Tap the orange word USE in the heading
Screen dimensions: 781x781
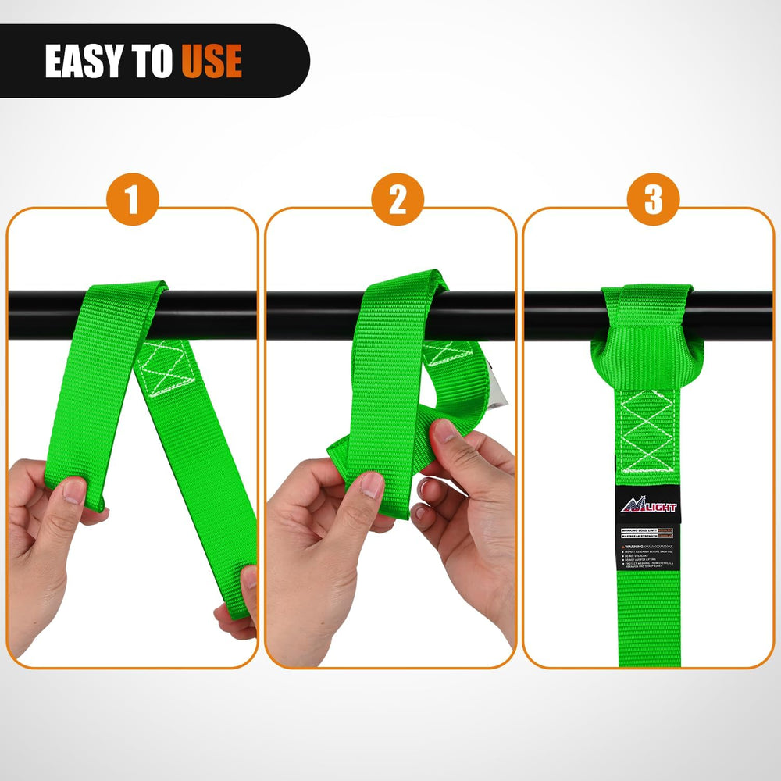point(212,62)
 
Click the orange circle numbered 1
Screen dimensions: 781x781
point(132,200)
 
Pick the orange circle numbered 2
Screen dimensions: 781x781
point(398,200)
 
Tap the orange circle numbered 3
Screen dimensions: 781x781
point(652,200)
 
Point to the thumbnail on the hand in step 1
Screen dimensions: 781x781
point(75,490)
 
